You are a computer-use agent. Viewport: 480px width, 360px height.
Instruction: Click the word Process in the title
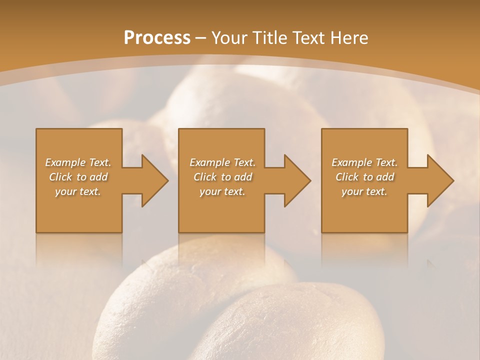(x=157, y=38)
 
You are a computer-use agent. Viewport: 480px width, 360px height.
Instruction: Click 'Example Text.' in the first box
(x=78, y=162)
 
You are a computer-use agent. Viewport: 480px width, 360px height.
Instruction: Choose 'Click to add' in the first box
(x=78, y=177)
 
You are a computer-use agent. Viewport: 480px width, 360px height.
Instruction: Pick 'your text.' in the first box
(x=78, y=191)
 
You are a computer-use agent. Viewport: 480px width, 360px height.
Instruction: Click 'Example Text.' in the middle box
(x=222, y=162)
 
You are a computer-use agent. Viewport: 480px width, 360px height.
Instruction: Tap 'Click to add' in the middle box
(x=222, y=177)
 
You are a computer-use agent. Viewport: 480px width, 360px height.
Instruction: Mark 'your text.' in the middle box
(x=222, y=191)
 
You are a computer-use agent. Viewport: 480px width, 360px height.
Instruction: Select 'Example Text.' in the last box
(x=364, y=162)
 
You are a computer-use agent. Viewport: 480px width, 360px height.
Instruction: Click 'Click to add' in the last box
(x=364, y=177)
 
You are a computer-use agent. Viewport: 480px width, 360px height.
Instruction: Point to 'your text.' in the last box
(x=364, y=191)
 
